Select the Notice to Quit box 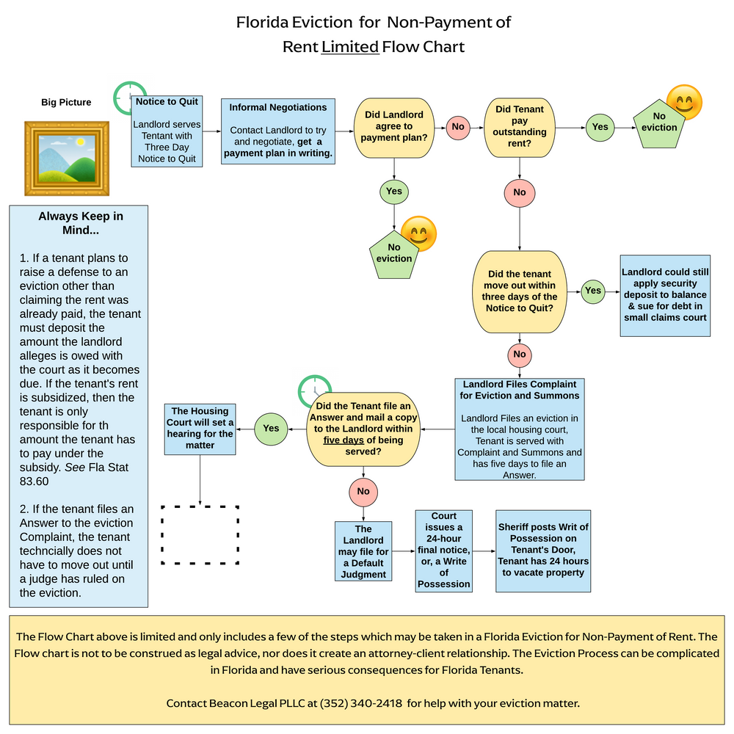[167, 130]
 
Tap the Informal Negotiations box [278, 131]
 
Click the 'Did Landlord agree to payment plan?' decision [395, 126]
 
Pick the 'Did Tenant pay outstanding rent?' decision [520, 126]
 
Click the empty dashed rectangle [200, 534]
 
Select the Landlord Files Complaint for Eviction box [520, 429]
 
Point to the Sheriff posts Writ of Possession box [543, 550]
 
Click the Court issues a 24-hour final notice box [444, 550]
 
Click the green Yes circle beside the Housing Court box [271, 428]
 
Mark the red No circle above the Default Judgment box [363, 491]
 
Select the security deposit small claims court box [665, 295]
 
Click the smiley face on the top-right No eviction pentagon [683, 103]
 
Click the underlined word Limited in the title [350, 47]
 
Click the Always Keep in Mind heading [80, 223]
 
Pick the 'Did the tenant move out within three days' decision [520, 291]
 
